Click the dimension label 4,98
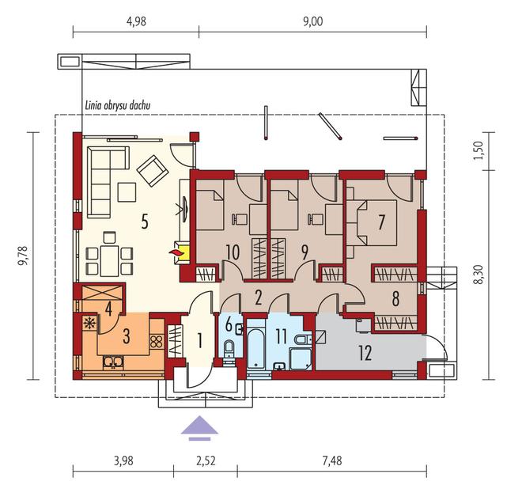[137, 21]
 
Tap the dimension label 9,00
[313, 21]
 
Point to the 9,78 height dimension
[24, 256]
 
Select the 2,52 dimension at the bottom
[206, 460]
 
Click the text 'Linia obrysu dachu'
[118, 105]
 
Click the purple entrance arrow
[199, 428]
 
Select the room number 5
[145, 222]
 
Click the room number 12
[365, 354]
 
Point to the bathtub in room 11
[256, 349]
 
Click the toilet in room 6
[229, 348]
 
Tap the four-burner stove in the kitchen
[157, 342]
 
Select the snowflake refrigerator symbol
[89, 323]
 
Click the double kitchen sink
[113, 362]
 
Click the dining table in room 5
[109, 261]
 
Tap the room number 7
[381, 222]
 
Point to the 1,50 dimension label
[478, 150]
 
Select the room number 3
[127, 336]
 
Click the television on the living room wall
[183, 209]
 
